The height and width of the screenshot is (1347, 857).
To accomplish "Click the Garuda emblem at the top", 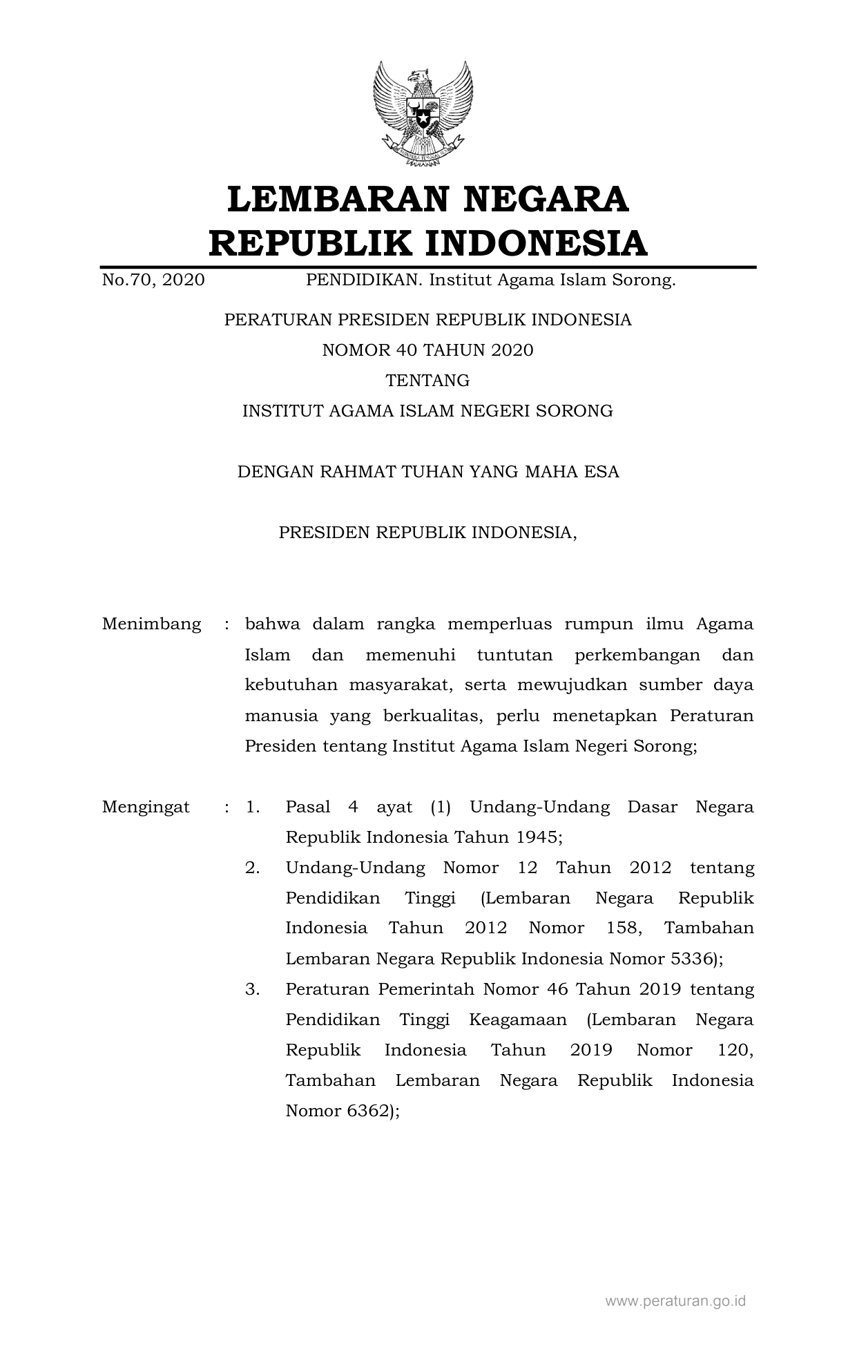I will click(423, 115).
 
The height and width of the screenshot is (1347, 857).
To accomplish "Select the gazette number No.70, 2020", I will click(153, 280).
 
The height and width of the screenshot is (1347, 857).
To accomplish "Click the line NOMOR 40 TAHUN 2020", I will click(428, 350).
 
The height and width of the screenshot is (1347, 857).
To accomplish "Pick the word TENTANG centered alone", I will click(428, 381).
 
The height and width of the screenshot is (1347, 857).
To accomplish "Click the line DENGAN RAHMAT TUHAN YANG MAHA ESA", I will click(428, 472).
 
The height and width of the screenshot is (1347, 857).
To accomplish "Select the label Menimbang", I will click(152, 624).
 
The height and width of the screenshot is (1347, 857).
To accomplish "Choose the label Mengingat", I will click(146, 807).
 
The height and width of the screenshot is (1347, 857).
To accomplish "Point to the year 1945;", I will click(539, 837).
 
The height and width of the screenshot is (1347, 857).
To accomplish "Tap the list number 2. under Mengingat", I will click(253, 868).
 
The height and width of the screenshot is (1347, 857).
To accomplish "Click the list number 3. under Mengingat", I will click(253, 989).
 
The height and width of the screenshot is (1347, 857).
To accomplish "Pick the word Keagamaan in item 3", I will click(518, 1020).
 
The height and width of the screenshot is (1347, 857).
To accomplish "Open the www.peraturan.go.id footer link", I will click(675, 1301).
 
